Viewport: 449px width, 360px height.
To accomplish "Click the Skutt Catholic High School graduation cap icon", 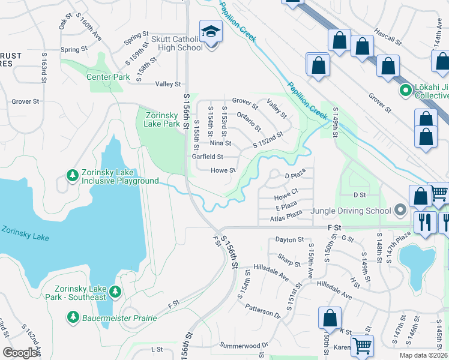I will click(211, 31).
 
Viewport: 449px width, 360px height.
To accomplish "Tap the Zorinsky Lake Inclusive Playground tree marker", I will click(73, 175).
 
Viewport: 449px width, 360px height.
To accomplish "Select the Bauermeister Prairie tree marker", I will click(73, 316).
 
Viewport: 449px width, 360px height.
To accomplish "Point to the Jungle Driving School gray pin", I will click(400, 211).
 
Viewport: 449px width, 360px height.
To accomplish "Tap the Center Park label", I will click(108, 77).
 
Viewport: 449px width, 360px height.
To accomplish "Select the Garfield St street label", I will click(207, 157).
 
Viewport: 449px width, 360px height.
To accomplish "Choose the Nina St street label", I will click(220, 143).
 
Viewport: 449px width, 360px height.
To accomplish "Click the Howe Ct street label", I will click(286, 197).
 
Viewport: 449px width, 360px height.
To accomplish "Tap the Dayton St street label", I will click(289, 239).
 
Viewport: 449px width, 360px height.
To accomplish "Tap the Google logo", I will click(20, 353).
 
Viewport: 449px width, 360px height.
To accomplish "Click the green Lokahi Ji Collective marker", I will click(405, 91).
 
